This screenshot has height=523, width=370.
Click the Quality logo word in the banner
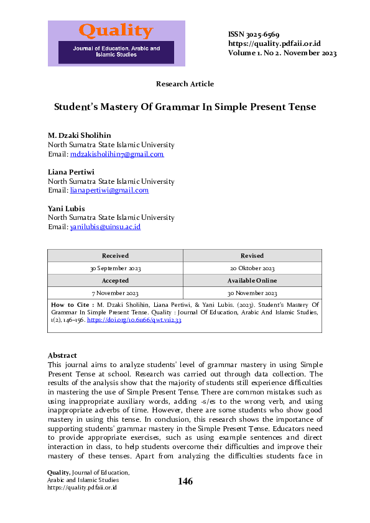(x=116, y=31)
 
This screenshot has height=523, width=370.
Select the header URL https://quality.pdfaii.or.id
(x=274, y=43)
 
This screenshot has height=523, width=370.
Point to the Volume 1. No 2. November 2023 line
(x=282, y=53)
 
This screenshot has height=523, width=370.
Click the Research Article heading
(x=185, y=84)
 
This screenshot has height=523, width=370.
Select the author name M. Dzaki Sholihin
(x=80, y=135)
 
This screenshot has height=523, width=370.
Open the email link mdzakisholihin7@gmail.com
(x=117, y=154)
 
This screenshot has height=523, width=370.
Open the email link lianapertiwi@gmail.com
(x=109, y=190)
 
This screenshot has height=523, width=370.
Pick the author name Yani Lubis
(x=67, y=208)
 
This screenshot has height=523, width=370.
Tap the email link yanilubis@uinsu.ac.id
(x=106, y=227)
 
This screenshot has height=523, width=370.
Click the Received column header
(x=116, y=255)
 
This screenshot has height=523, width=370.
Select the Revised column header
(x=252, y=255)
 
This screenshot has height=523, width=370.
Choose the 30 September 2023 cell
(x=116, y=268)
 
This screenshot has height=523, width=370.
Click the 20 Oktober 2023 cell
(x=252, y=268)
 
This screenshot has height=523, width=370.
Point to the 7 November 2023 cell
(x=116, y=293)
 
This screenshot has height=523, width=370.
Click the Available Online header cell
(x=252, y=281)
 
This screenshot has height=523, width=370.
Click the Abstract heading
(x=62, y=355)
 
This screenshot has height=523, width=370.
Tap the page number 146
(x=185, y=481)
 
